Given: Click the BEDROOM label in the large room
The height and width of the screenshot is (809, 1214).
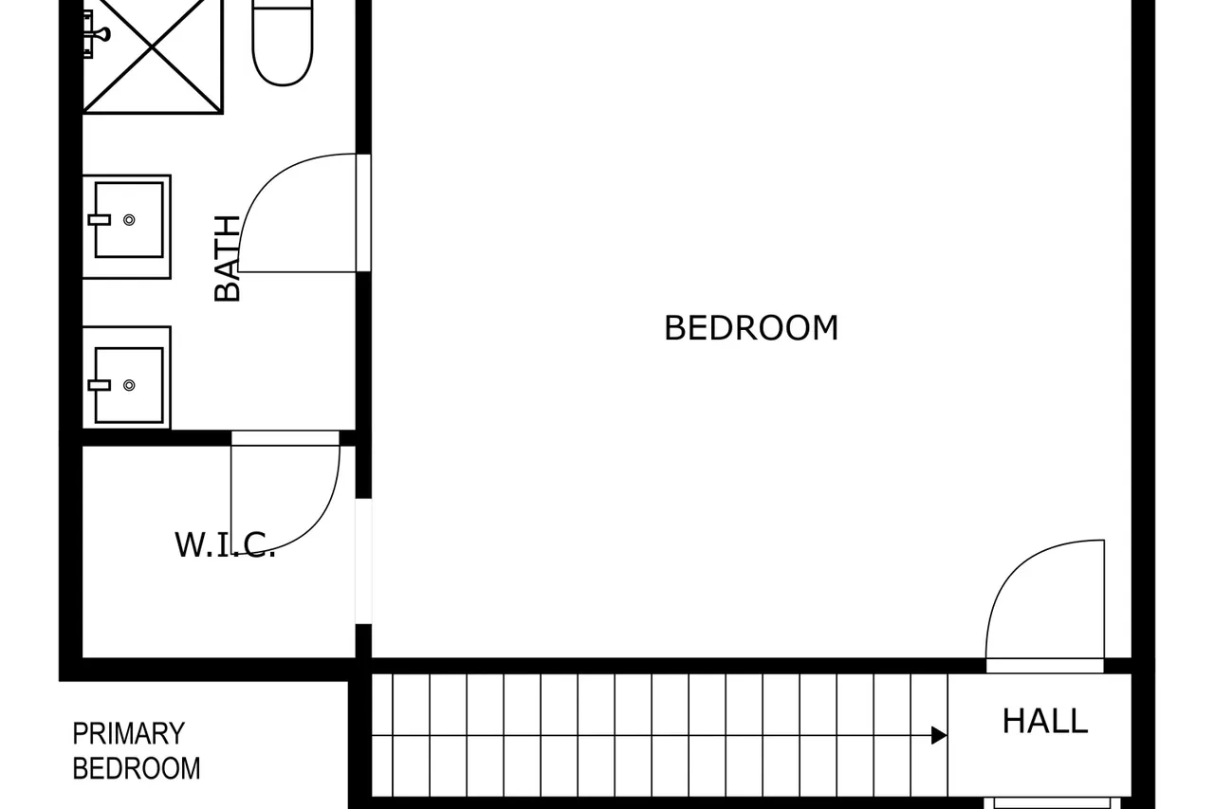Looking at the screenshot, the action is coord(751,328).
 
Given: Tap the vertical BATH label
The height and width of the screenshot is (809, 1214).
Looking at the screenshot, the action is coord(227,258).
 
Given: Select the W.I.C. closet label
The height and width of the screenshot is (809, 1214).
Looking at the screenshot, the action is coord(225,544).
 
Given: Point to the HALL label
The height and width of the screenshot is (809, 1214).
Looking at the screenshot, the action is coord(1045,721).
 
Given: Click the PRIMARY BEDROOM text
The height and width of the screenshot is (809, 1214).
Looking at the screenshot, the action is coord(136,751).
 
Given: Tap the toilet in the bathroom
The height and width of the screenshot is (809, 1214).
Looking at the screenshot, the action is coord(283,43).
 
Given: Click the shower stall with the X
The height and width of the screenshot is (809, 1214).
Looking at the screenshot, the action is coord(153,56).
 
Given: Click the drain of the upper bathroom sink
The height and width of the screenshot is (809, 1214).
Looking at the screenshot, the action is coord(129,219).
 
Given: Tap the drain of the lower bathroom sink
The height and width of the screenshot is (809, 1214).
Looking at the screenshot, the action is coord(129,385).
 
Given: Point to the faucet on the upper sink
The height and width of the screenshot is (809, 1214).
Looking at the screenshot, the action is coord(100,219).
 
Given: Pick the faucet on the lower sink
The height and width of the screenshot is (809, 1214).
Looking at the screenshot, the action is coord(100,385).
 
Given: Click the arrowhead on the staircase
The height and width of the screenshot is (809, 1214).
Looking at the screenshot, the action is coord(939,735).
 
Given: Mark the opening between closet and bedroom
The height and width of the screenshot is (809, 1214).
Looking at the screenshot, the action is coord(363,561).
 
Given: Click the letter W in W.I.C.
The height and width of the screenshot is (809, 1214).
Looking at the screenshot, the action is coord(188,544).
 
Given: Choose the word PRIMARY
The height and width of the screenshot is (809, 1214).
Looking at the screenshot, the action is coord(128,734).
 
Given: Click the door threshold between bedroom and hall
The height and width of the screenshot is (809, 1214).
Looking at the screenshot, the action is coord(1045,666).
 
